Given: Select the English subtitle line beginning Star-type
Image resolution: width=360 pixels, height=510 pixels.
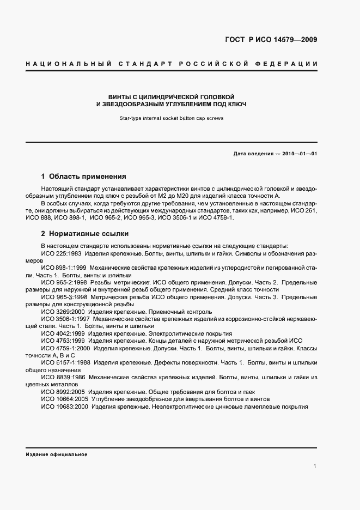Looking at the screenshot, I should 170,118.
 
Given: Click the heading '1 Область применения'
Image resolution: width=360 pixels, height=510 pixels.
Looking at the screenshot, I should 84,177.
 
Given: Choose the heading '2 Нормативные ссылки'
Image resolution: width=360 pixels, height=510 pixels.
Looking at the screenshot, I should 85,234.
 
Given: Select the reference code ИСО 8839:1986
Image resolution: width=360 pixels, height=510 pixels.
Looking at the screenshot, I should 63,377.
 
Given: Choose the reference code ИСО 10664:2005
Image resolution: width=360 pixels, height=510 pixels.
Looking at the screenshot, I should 64,399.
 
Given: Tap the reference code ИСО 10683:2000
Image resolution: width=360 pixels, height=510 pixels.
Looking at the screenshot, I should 64,406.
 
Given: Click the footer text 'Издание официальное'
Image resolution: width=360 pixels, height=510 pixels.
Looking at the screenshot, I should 56,454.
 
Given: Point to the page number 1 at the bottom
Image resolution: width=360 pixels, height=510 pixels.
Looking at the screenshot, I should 315,466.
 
